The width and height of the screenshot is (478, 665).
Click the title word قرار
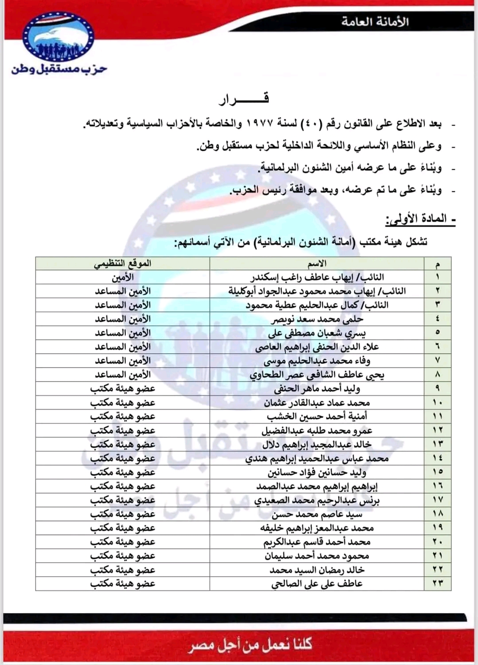click(244, 99)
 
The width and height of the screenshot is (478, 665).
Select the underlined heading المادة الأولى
click(421, 219)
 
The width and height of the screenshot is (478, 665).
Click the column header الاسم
click(317, 263)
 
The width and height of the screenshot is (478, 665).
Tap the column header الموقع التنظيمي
click(123, 263)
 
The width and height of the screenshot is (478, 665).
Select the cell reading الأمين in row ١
click(123, 278)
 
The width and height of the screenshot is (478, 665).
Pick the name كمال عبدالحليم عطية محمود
click(317, 305)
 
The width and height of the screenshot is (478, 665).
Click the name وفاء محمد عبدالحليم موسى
click(317, 361)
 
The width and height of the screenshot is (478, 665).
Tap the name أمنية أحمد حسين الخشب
click(317, 416)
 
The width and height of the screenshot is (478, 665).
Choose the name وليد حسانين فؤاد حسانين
click(317, 472)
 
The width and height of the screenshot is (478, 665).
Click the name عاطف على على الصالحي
click(317, 583)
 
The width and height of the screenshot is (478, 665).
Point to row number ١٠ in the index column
click(438, 403)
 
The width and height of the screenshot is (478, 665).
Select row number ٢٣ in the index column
click(438, 583)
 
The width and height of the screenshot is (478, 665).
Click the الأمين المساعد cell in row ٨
click(123, 375)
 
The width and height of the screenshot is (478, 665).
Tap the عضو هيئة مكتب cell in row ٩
click(123, 389)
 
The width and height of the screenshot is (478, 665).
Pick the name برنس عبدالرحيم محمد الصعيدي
click(317, 500)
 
